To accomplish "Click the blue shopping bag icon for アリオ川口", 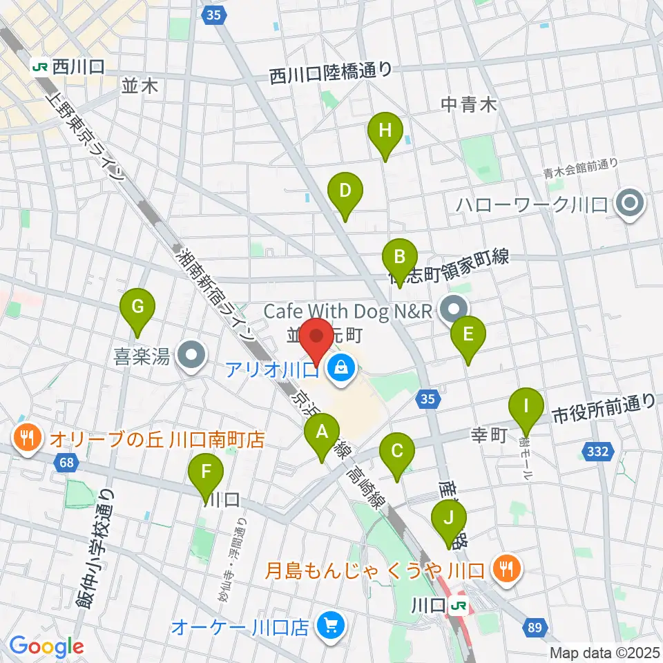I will pos(340,369).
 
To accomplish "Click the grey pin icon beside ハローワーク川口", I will pos(629,204).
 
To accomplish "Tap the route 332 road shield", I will pos(599,452).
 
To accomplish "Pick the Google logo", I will pos(47,646).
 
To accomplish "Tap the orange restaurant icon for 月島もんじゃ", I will pos(508,570).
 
